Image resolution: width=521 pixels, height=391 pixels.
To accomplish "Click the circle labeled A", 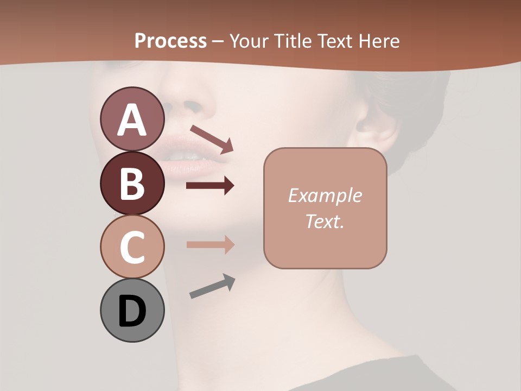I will coord(132,119).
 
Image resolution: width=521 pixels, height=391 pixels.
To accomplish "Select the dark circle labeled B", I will coord(132,183).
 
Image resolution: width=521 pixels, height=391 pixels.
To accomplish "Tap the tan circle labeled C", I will coord(132,247).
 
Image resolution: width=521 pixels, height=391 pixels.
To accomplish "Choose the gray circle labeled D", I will coord(132,310).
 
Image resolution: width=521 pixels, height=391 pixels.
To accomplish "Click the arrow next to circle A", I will coord(212,139).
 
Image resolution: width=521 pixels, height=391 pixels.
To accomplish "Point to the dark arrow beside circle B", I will coord(210,186).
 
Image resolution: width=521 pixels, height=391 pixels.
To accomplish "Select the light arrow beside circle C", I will coord(210,244).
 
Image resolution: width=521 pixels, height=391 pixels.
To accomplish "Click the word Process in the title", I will coord(170,41).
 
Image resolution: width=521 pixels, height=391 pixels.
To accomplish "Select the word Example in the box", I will coord(325,195).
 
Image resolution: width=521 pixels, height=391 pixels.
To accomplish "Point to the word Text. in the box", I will coord(325,221).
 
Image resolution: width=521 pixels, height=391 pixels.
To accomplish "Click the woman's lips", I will coord(190,157).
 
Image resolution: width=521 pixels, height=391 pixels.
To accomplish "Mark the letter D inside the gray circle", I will coord(132,311).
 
